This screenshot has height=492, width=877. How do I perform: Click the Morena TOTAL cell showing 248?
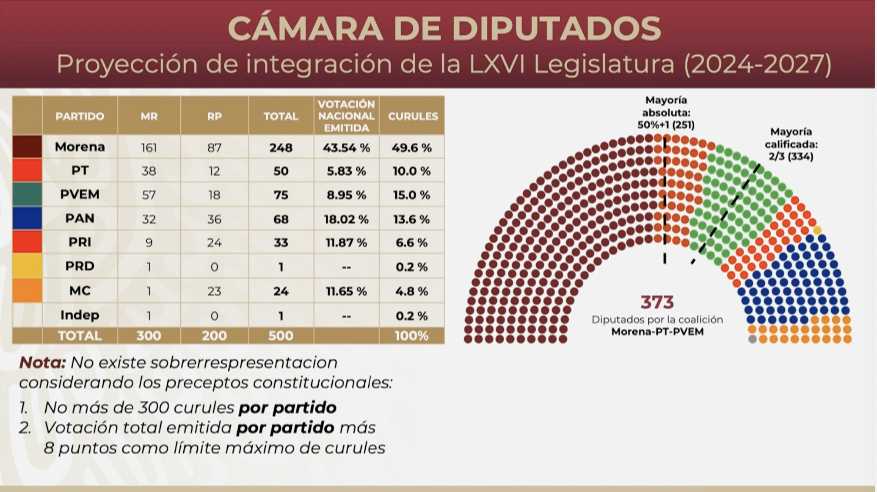point(281,147)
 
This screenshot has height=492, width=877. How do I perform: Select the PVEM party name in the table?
point(80,194)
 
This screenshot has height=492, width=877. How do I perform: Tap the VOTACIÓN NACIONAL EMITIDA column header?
point(346,116)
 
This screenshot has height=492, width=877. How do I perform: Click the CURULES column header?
point(413,116)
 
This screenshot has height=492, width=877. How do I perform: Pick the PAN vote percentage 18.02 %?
point(346,219)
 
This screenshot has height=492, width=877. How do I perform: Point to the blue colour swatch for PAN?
point(27,218)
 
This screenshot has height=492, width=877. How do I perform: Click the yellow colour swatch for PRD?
point(27,266)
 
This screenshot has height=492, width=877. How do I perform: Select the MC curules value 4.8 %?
point(412,291)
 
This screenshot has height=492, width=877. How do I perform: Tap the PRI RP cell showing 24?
point(214,243)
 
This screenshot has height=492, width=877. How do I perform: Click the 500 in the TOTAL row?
point(281,336)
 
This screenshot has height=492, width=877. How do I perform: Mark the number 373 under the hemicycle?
point(657,302)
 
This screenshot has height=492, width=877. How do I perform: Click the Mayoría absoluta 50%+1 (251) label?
point(666,113)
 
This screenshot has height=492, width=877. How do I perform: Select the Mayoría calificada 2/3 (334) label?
point(791,144)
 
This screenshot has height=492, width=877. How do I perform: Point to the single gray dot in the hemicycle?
point(752,339)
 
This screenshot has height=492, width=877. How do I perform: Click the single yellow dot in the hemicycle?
point(817,230)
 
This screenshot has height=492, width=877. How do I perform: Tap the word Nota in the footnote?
point(42,362)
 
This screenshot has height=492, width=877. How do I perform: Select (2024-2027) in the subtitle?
point(758,64)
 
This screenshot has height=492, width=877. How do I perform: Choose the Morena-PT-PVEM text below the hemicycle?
point(657,332)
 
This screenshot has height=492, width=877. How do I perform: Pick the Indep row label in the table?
point(80,315)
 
